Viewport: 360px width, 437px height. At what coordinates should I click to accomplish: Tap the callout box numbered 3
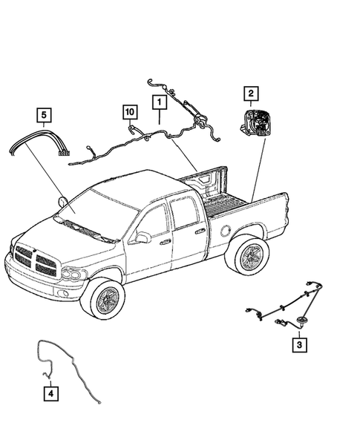point(298,344)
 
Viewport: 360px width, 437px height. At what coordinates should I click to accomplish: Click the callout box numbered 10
point(130,112)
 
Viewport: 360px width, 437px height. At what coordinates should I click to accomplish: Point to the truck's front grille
point(34,260)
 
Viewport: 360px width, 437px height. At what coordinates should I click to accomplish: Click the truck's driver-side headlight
point(72,274)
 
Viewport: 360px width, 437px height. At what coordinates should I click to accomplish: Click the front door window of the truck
point(154,220)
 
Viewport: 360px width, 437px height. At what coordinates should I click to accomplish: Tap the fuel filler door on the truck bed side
point(224,231)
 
